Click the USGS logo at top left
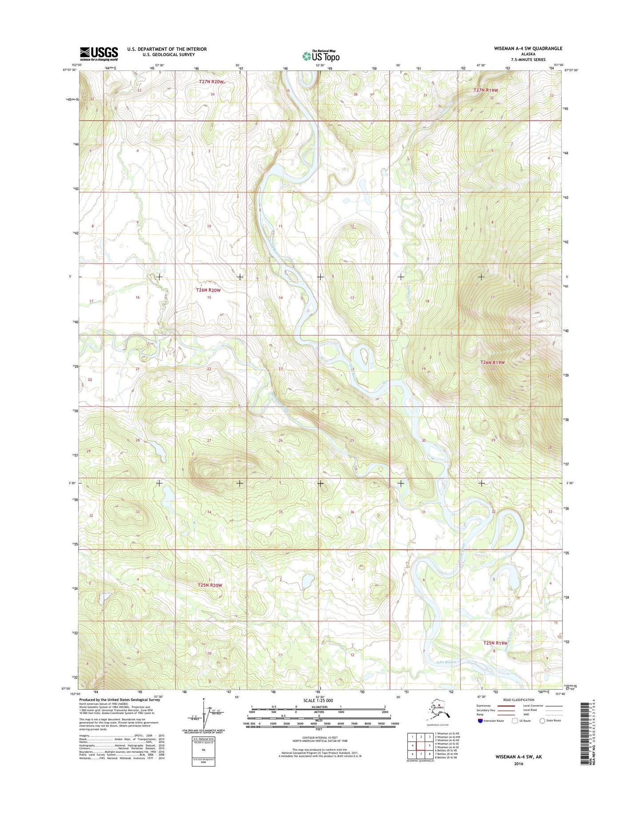coord(99,54)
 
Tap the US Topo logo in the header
coord(321,56)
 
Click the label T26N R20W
coord(208,290)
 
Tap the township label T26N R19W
coord(493,362)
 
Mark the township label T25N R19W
coord(495,643)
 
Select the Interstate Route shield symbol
coord(481,721)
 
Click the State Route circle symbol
coord(542,721)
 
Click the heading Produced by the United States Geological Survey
coord(119,699)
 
